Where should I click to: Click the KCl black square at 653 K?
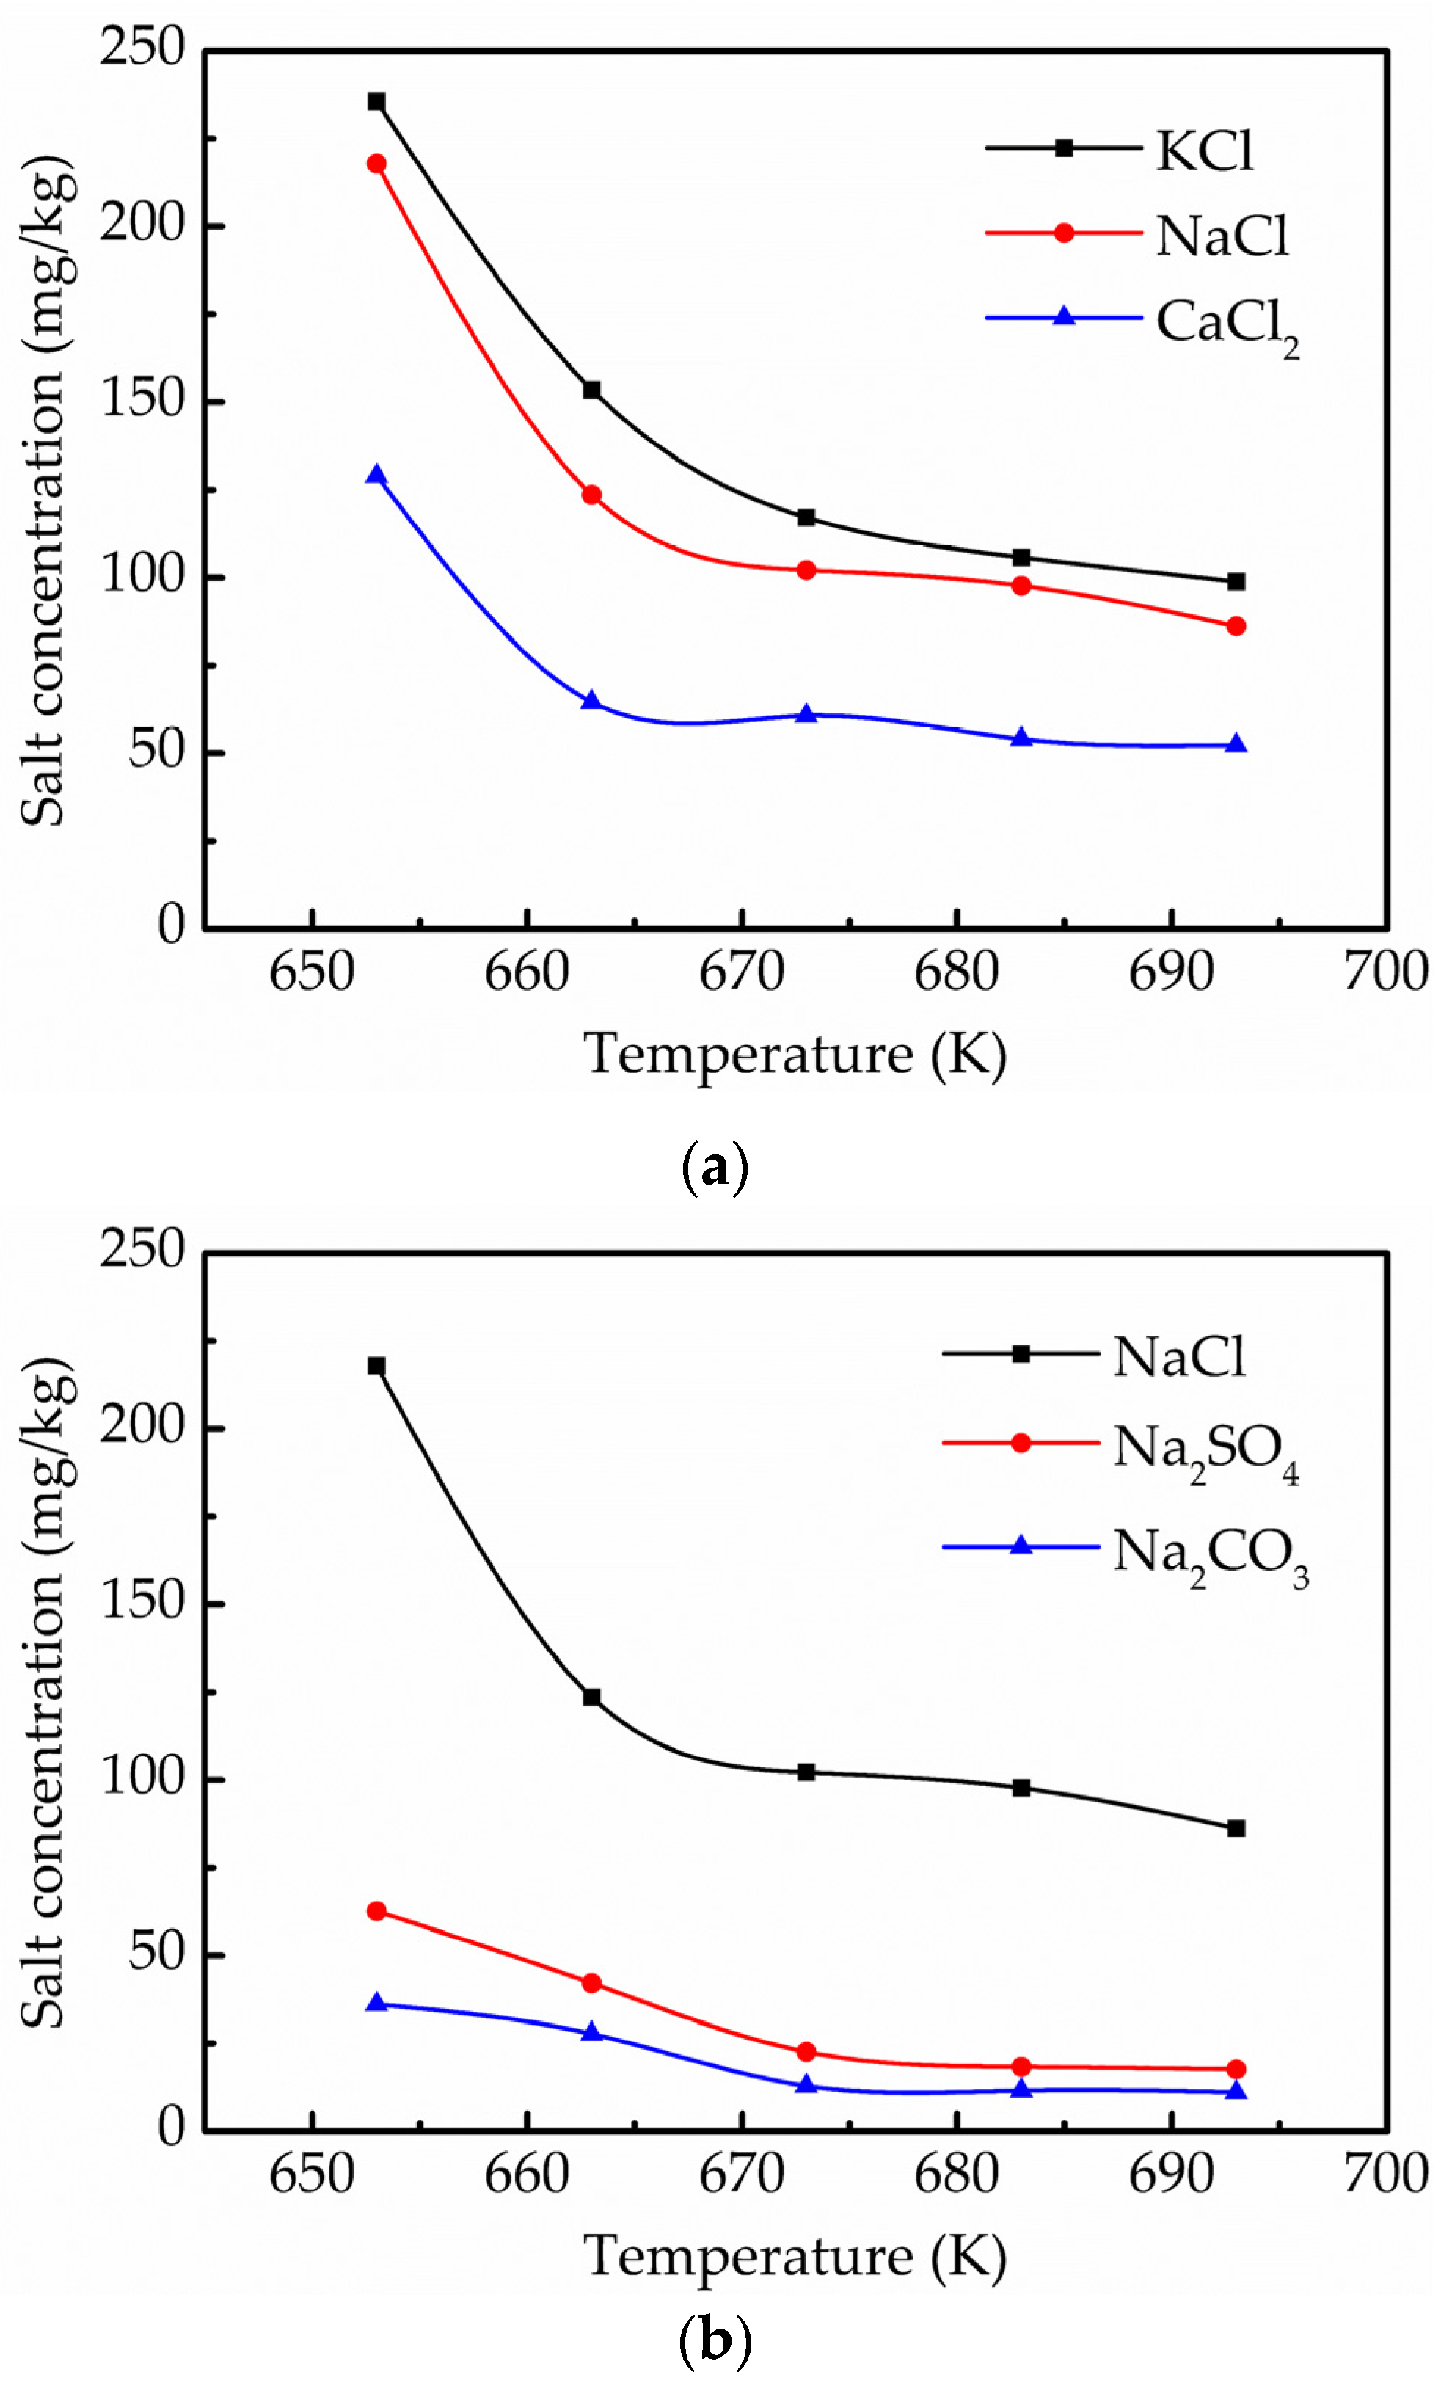pyautogui.click(x=376, y=101)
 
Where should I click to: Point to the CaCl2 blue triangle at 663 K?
pyautogui.click(x=591, y=700)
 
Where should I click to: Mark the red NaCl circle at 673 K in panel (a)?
pyautogui.click(x=806, y=570)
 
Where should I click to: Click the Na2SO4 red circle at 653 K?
pyautogui.click(x=376, y=1911)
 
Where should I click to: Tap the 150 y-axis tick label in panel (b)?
pyautogui.click(x=142, y=1601)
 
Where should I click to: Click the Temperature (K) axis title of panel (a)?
pyautogui.click(x=795, y=1053)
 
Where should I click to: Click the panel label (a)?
pyautogui.click(x=715, y=1168)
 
